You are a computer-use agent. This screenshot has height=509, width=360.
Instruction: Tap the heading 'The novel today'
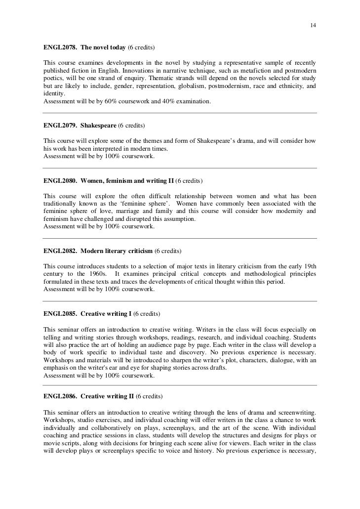click(103, 48)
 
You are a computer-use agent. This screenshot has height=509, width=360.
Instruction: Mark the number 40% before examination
click(167, 101)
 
